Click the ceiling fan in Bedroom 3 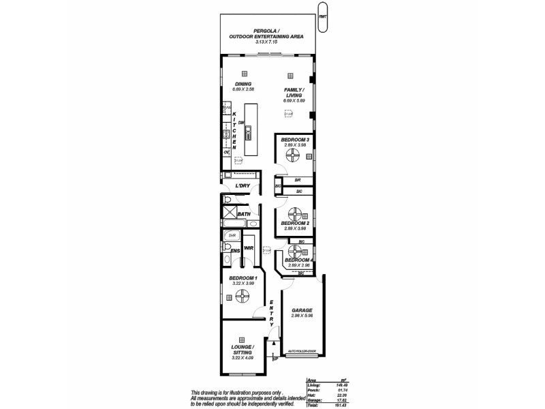pyautogui.click(x=294, y=157)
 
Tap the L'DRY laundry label pyautogui.click(x=242, y=186)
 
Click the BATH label pyautogui.click(x=243, y=214)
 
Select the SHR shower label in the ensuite pyautogui.click(x=232, y=235)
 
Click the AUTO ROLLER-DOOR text pyautogui.click(x=302, y=352)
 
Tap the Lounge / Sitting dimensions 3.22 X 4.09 pyautogui.click(x=242, y=358)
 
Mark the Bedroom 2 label pyautogui.click(x=295, y=223)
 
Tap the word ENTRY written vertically pyautogui.click(x=271, y=313)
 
